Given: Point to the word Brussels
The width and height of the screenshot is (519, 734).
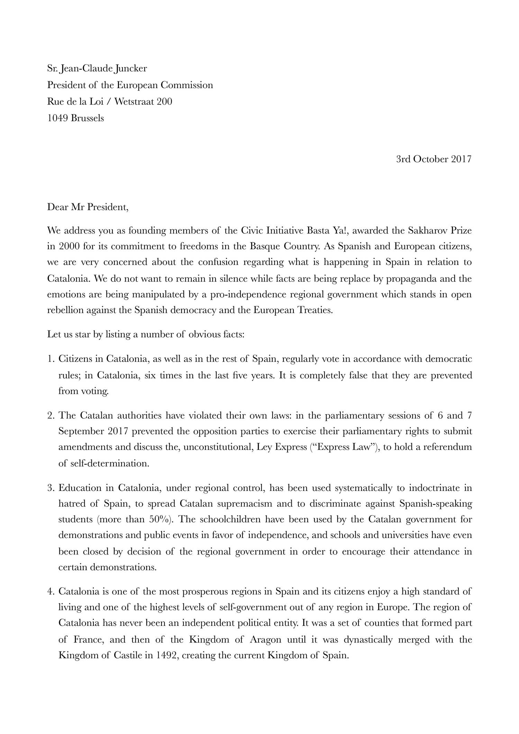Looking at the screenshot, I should click(87, 118).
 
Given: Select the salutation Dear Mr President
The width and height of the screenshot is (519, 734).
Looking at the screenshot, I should click(88, 207).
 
